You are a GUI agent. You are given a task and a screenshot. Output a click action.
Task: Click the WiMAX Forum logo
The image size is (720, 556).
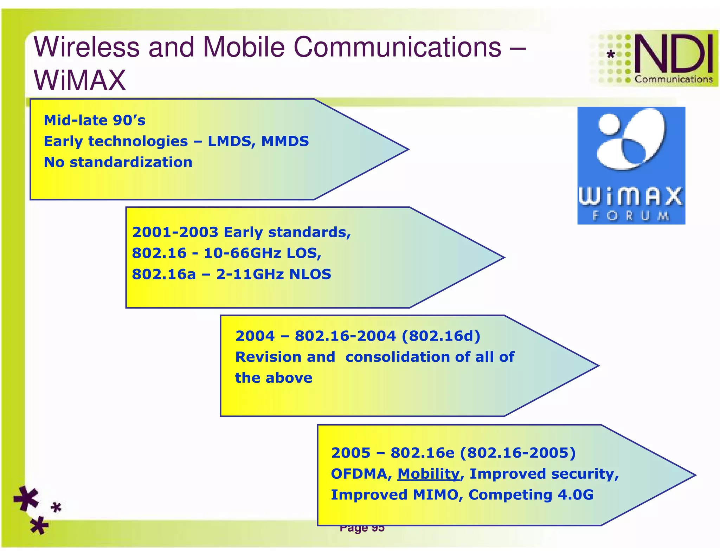tap(631, 165)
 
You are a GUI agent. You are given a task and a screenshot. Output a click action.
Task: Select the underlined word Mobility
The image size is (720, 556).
tap(428, 474)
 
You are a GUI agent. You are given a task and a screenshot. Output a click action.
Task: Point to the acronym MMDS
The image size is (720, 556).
tap(285, 141)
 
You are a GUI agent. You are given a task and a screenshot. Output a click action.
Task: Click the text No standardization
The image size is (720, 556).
tap(118, 162)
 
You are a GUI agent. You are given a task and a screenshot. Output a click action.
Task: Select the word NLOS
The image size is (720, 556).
tap(310, 274)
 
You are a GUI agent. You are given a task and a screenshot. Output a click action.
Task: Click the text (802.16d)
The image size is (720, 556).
tap(441, 336)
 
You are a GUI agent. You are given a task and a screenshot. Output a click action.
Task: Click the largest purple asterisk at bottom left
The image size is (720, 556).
tap(26, 498)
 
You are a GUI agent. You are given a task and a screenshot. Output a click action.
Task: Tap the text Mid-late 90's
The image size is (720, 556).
tap(94, 121)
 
